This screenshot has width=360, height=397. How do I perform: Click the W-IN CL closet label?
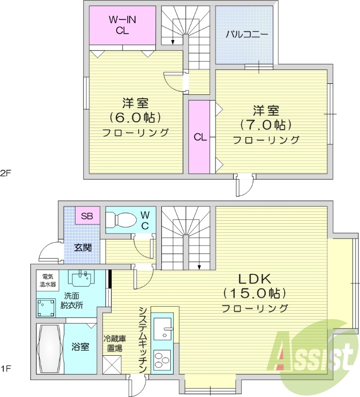[122, 25]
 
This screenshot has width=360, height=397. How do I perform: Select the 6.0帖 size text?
[136, 118]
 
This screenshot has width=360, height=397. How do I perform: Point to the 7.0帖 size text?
[266, 124]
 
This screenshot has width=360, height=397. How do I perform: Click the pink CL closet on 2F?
[200, 137]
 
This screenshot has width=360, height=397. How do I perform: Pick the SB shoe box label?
[87, 216]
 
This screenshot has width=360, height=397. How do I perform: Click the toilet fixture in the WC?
[121, 219]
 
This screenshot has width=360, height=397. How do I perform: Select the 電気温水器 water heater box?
[48, 280]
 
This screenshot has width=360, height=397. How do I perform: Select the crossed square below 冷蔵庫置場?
[112, 364]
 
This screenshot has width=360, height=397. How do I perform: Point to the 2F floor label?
[5, 173]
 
